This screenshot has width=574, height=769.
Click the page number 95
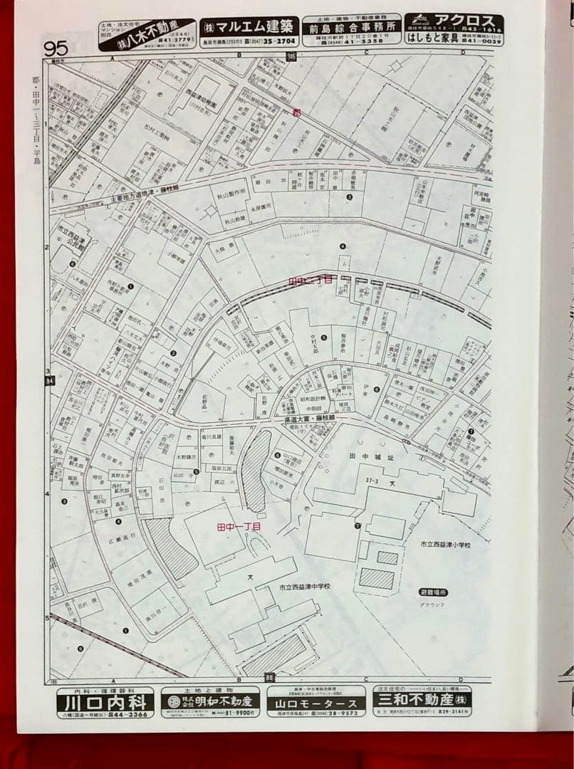56,48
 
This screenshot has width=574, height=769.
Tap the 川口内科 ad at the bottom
105,703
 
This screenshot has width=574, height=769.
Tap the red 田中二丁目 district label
310,281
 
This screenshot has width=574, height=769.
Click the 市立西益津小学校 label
444,544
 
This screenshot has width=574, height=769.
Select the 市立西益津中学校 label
305,587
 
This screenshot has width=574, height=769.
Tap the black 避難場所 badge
434,592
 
